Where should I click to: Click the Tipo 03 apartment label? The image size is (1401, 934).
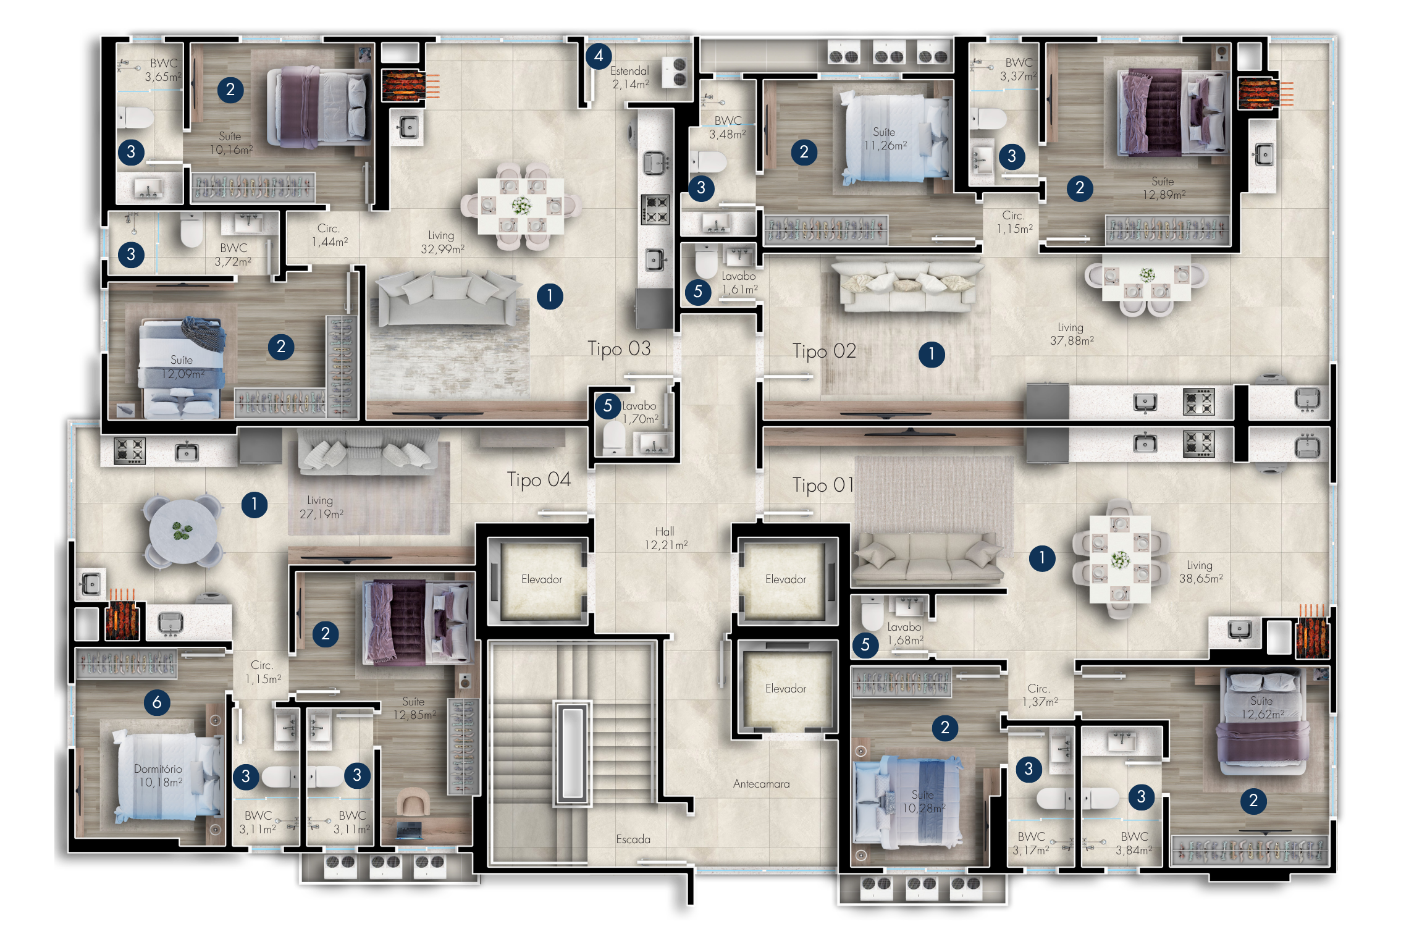pos(619,349)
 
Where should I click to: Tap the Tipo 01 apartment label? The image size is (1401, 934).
pos(823,486)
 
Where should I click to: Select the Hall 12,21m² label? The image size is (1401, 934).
pos(665,538)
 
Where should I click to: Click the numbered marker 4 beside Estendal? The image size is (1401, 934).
pos(599,56)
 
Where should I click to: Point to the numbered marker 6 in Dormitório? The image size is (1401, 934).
pos(157,702)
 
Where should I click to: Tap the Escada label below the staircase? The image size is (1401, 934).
pos(633,839)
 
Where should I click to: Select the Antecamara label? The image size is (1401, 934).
pos(761,784)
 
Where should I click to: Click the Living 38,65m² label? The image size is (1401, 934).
pos(1201,572)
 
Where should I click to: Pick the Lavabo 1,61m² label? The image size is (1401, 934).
pos(739,283)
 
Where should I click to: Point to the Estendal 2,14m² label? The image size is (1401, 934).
pos(630,78)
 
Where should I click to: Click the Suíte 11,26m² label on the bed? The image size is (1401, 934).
pos(885,139)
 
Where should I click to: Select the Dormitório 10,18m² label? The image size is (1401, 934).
pos(159,776)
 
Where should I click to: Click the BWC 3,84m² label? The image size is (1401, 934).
pos(1134,843)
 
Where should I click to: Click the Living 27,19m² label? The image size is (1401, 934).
pos(321,507)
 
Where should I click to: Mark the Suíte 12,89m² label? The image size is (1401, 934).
pos(1164,188)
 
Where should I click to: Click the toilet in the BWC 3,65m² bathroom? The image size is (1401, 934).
pos(135,117)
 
